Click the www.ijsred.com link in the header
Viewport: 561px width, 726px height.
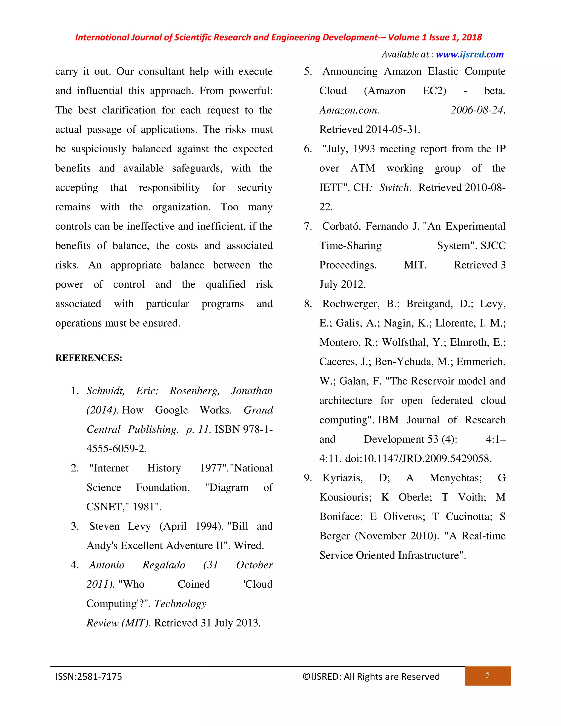(x=469, y=55)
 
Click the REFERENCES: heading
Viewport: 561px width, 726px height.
(x=89, y=358)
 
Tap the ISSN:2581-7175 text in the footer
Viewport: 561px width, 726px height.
(x=89, y=677)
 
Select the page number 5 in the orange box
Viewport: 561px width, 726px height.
(x=487, y=675)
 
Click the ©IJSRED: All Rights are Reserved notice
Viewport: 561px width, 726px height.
(x=371, y=677)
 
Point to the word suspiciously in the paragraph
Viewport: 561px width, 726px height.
(x=98, y=149)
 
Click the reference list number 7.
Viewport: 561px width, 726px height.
(x=307, y=226)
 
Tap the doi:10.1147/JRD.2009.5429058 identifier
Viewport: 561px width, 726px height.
(x=418, y=459)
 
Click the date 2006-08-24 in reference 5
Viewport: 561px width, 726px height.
(x=477, y=110)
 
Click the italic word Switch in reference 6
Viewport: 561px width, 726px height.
(x=394, y=188)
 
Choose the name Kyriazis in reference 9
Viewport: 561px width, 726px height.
(x=342, y=478)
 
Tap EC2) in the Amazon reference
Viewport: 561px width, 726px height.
(x=434, y=91)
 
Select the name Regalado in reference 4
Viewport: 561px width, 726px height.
(x=164, y=565)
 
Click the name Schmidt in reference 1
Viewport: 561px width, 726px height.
(x=105, y=391)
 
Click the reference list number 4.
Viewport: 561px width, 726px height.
(x=75, y=565)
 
